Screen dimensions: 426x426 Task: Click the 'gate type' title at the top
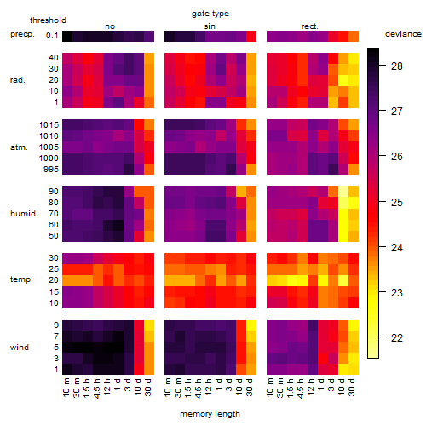[x=210, y=14]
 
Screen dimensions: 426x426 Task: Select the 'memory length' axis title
[x=210, y=414]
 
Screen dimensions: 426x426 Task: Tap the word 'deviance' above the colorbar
[x=403, y=34]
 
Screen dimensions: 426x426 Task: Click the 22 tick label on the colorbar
[x=396, y=337]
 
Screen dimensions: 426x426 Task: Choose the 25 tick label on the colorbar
[x=396, y=202]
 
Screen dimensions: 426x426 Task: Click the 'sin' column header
[x=210, y=26]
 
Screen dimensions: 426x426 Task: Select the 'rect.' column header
[x=309, y=26]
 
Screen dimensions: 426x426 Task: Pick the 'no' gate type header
[x=110, y=26]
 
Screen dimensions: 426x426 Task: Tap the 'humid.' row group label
[x=24, y=214]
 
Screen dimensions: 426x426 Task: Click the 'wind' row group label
[x=20, y=348]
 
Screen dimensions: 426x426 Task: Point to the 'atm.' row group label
[x=19, y=147]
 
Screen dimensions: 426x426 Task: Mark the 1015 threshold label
[x=49, y=125]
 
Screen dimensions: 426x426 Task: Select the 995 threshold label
[x=51, y=170]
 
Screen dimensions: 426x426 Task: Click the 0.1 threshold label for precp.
[x=52, y=36]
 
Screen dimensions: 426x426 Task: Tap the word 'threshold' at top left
[x=48, y=20]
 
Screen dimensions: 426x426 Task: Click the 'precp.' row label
[x=22, y=34]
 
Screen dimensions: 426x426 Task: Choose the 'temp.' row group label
[x=21, y=279]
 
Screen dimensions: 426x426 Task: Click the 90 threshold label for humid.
[x=53, y=192]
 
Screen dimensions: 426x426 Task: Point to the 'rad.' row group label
[x=18, y=80]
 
